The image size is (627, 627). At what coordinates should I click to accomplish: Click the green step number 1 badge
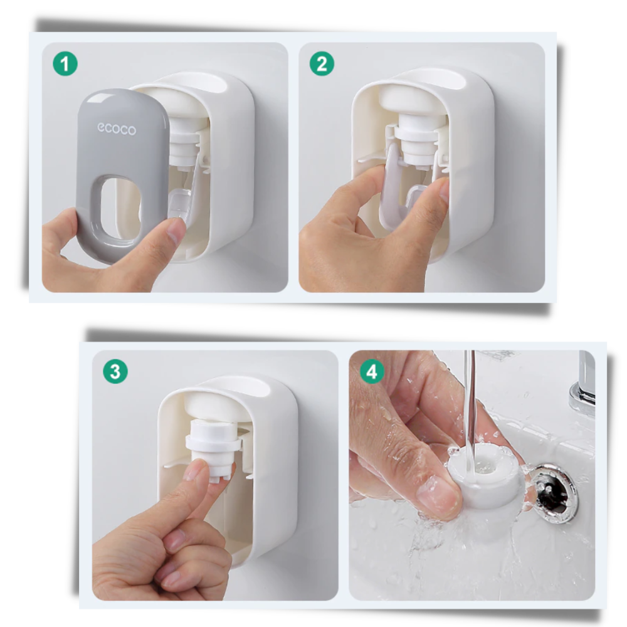[x=65, y=64]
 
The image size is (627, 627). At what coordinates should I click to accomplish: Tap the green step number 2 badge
[x=322, y=64]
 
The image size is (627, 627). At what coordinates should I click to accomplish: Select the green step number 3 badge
[x=115, y=372]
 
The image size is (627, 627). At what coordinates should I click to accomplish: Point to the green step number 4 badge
[x=372, y=372]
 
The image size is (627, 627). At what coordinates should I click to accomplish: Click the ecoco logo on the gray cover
[x=116, y=129]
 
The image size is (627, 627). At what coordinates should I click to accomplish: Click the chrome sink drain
[x=553, y=492]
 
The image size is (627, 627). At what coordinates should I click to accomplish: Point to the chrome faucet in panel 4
[x=584, y=382]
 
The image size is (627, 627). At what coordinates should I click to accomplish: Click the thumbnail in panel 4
[x=438, y=495]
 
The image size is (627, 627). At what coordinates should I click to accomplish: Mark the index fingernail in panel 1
[x=176, y=232]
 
